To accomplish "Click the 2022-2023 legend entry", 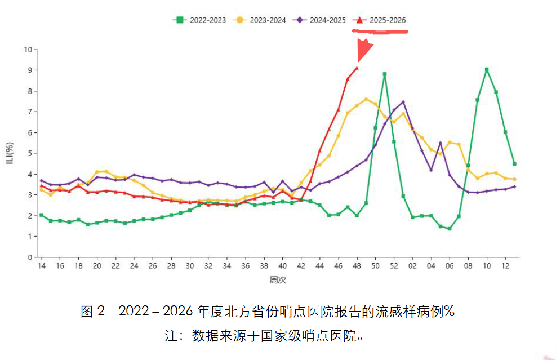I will click(x=199, y=20).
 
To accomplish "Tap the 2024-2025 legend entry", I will click(x=319, y=20).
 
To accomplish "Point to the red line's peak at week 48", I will click(x=357, y=68).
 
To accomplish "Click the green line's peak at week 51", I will click(x=384, y=74).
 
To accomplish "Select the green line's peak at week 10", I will click(x=487, y=70).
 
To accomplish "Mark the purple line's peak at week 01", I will click(x=403, y=102).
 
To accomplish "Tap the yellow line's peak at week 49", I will click(x=366, y=99).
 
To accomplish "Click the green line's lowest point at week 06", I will click(x=450, y=229).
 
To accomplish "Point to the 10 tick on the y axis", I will click(x=28, y=50).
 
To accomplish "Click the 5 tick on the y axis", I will click(x=29, y=153).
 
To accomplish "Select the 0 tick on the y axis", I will click(x=29, y=257).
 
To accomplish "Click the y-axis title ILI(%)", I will click(x=10, y=153).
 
